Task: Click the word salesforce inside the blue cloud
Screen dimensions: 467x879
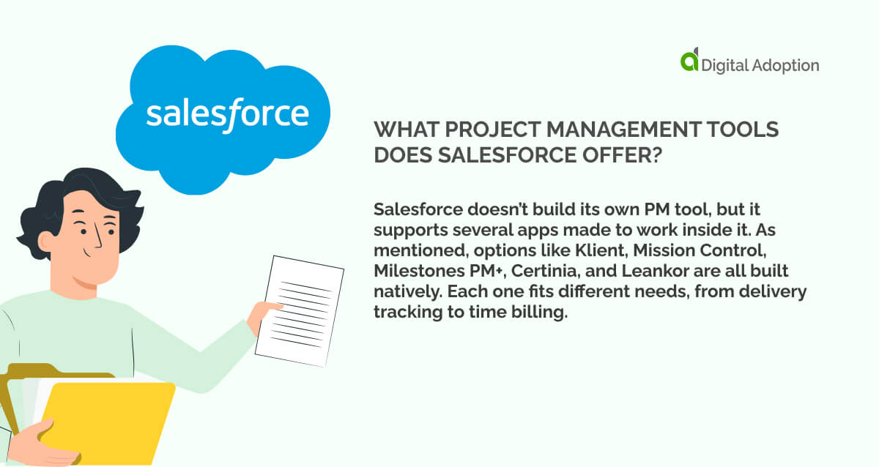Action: pos(226,114)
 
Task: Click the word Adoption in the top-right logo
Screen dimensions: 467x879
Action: pos(788,65)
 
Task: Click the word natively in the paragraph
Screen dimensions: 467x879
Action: pos(404,291)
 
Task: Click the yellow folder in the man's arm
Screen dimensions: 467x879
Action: pos(110,417)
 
